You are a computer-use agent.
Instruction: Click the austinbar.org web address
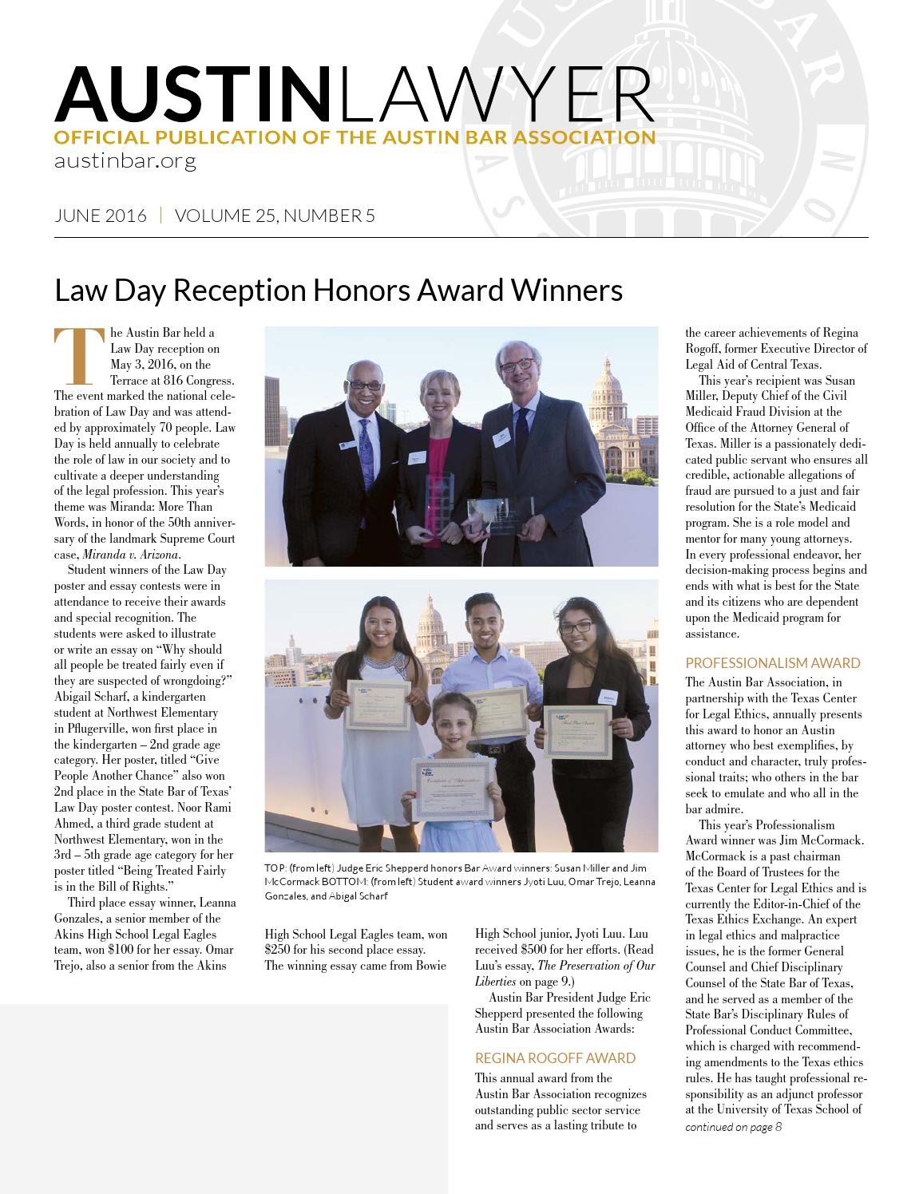(x=125, y=160)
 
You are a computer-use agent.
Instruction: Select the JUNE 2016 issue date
(x=101, y=215)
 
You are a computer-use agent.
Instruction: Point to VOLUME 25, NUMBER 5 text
(x=275, y=215)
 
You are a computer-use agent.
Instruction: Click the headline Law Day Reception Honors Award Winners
(x=338, y=291)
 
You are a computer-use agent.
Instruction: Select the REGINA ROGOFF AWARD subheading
(x=555, y=1058)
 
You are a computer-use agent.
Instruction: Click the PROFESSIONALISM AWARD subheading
(x=772, y=662)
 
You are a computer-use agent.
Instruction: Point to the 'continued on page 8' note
(x=733, y=1127)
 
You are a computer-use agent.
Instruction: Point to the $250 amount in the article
(x=279, y=950)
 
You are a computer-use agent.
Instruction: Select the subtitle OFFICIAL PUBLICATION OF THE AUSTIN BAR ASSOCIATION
(x=355, y=136)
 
